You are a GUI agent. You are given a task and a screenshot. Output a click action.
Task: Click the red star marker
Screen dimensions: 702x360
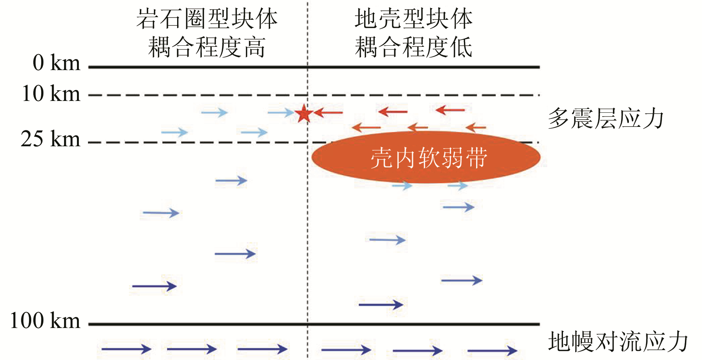point(304,113)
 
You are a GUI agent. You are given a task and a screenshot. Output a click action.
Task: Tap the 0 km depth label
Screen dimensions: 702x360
point(56,63)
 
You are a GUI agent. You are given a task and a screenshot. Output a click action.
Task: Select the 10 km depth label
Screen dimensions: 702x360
point(51,94)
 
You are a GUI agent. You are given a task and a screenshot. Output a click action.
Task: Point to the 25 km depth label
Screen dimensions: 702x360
point(50,139)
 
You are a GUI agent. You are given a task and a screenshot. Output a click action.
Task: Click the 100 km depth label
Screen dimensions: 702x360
point(45,321)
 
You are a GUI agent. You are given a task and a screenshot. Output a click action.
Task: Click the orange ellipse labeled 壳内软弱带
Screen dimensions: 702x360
point(426,157)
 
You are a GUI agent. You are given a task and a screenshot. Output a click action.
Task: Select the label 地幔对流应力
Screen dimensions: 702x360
point(618,341)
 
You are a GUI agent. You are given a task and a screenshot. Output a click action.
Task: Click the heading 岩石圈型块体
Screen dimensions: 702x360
point(207,19)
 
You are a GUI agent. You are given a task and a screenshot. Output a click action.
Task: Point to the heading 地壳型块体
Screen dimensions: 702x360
point(414,19)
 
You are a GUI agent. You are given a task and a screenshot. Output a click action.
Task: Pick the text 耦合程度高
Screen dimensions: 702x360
point(207,47)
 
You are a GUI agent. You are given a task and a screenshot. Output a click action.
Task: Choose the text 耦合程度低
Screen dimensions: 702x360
point(414,47)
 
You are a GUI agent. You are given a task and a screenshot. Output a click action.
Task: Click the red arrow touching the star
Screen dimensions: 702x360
point(328,112)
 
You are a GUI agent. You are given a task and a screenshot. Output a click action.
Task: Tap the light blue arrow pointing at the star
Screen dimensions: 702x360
point(281,112)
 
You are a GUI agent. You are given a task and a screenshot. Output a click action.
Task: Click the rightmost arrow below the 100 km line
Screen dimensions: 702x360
point(492,350)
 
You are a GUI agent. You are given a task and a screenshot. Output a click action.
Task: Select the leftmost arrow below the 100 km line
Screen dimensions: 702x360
point(126,349)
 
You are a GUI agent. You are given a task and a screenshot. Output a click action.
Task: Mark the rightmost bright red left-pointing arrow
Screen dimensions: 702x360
point(450,110)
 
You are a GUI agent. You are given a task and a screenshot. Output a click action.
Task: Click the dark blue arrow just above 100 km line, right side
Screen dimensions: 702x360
point(381,304)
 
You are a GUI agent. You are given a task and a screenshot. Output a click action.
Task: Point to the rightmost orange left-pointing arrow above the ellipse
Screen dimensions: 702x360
point(476,128)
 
